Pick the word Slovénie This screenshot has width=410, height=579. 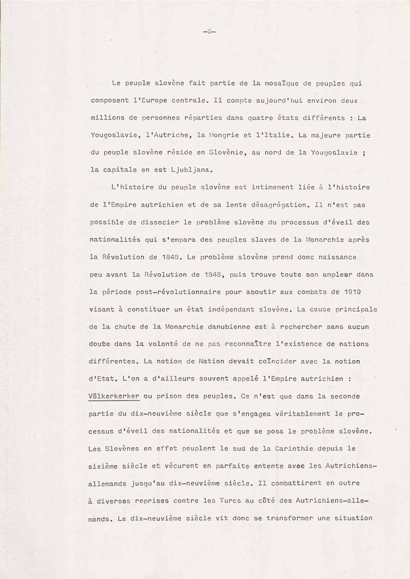tap(228, 152)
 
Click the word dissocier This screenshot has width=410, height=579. tap(155, 222)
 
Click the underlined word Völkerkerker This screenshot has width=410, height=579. tap(114, 396)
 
